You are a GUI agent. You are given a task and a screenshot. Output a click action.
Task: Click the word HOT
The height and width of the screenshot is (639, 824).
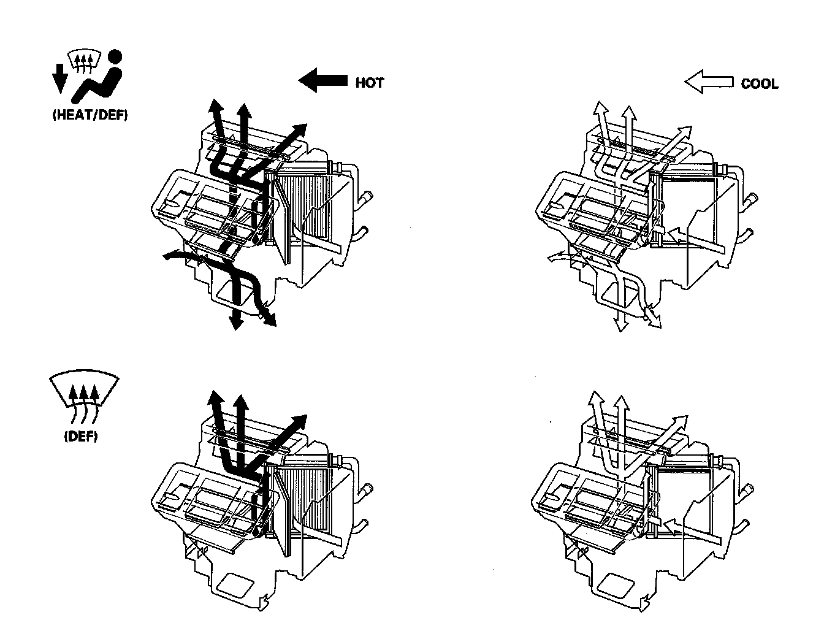369,83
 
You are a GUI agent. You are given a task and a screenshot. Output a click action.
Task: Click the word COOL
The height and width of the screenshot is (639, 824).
759,84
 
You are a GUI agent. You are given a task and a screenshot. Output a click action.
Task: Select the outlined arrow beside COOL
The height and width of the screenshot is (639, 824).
709,82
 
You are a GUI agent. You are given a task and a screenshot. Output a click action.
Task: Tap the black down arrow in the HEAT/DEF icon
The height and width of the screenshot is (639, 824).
59,77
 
